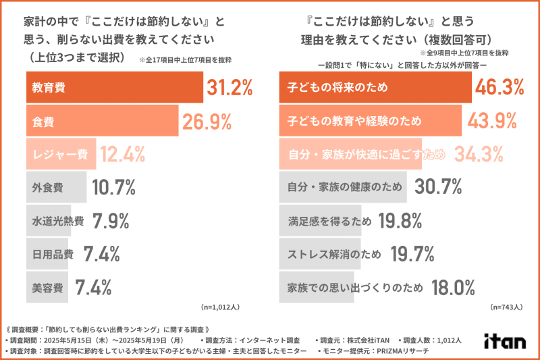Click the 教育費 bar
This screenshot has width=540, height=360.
[114, 87]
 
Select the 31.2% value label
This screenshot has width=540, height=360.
[230, 87]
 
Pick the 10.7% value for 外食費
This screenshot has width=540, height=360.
[114, 188]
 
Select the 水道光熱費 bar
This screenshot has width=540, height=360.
[58, 221]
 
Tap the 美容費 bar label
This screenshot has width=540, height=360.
[47, 287]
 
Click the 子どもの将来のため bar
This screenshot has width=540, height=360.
[375, 87]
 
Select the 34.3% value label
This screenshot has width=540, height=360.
[477, 155]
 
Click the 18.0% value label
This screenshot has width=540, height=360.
[453, 287]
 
